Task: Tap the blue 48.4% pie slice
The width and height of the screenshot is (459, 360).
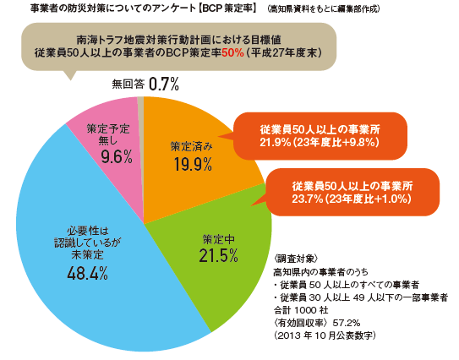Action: (93, 254)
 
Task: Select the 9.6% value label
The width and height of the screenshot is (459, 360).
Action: (106, 156)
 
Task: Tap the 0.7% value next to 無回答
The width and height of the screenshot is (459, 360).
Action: (164, 85)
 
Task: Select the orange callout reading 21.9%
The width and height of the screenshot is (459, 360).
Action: (320, 136)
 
